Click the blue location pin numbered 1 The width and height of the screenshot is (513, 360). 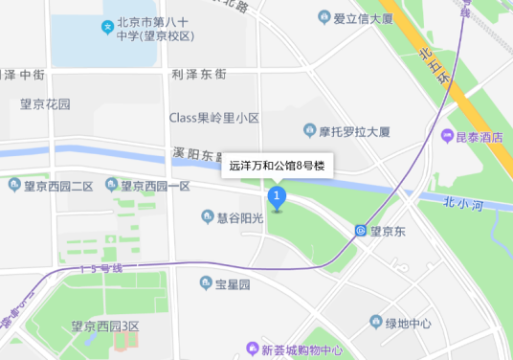point(278,198)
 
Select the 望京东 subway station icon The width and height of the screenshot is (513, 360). point(360,231)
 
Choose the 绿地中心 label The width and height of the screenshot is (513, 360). point(408,324)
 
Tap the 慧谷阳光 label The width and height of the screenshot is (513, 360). point(238,218)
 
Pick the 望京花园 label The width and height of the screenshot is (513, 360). point(45,103)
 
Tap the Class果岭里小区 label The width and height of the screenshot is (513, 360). point(214,118)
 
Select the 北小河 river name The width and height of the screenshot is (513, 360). point(465,202)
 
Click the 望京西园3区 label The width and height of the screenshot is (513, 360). point(105,326)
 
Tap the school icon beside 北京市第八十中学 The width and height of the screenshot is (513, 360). point(107,25)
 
